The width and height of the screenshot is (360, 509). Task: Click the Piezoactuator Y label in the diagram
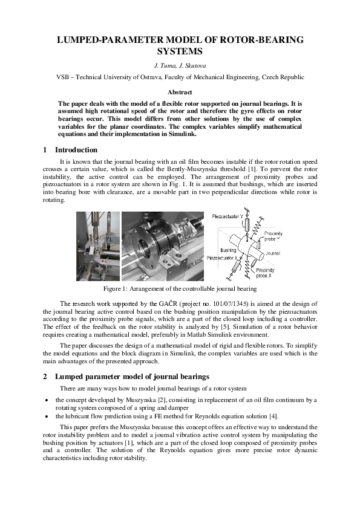(229, 216)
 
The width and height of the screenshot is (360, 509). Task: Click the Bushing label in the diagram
(228, 249)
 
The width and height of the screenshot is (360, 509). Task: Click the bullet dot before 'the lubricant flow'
(47, 417)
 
